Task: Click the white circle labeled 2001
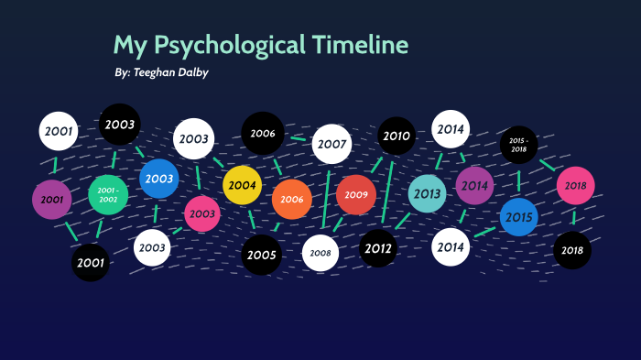pyautogui.click(x=59, y=131)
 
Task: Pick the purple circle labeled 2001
pyautogui.click(x=51, y=199)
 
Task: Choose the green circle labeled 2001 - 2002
pyautogui.click(x=108, y=194)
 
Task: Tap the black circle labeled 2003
pyautogui.click(x=119, y=124)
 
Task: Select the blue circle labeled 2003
pyautogui.click(x=159, y=179)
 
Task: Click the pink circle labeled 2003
pyautogui.click(x=202, y=213)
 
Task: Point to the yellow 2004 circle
pyautogui.click(x=242, y=185)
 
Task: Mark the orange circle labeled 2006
pyautogui.click(x=292, y=199)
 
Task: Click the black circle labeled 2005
pyautogui.click(x=261, y=255)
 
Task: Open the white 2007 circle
pyautogui.click(x=331, y=144)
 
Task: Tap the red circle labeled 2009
pyautogui.click(x=356, y=194)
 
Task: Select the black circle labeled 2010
pyautogui.click(x=397, y=136)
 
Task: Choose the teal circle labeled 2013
pyautogui.click(x=427, y=193)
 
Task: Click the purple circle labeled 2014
pyautogui.click(x=474, y=186)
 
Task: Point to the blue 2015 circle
pyautogui.click(x=518, y=217)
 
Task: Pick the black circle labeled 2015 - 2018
pyautogui.click(x=518, y=143)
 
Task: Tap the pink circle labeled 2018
pyautogui.click(x=576, y=185)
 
